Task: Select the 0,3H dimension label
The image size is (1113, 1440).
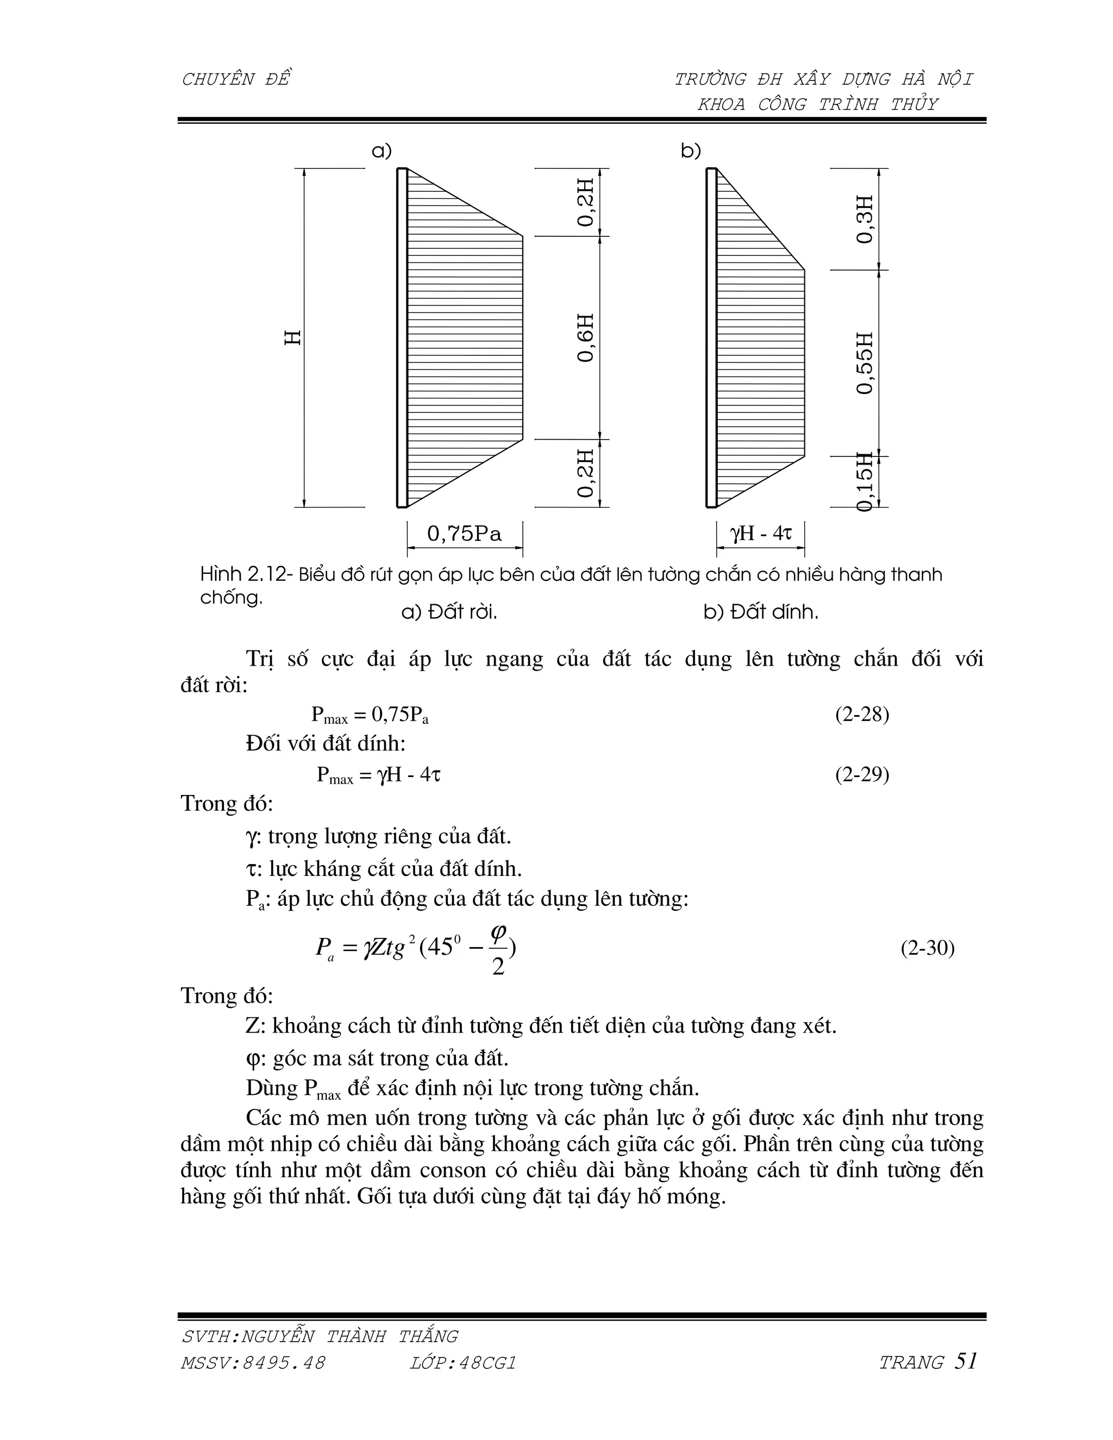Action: pos(865,219)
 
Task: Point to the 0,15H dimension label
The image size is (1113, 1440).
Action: pos(865,481)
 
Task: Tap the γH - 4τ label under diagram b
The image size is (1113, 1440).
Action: pos(760,533)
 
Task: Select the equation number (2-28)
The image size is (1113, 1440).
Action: pos(862,715)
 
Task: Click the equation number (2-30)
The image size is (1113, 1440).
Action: pos(927,948)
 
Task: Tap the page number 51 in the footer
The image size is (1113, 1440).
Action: pos(965,1361)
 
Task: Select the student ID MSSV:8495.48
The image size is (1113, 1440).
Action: pos(253,1363)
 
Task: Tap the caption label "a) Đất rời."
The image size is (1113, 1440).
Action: pos(449,612)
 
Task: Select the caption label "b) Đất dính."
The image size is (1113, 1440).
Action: pos(760,612)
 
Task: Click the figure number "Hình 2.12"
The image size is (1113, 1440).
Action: pos(243,575)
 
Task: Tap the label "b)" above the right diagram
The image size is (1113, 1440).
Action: pos(690,151)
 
